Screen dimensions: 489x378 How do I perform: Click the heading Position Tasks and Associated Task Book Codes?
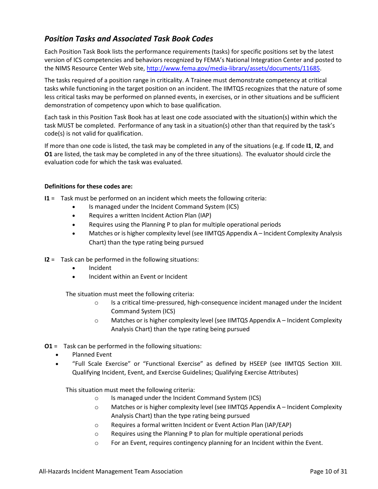(x=129, y=39)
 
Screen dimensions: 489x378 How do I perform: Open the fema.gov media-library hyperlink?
(x=233, y=68)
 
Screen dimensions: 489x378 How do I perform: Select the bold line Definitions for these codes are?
(x=88, y=186)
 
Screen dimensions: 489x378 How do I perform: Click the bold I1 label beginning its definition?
(x=47, y=198)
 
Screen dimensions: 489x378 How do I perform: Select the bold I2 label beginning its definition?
(x=47, y=260)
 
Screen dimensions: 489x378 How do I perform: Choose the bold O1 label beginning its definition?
(x=48, y=346)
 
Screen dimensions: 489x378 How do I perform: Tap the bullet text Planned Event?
(x=92, y=355)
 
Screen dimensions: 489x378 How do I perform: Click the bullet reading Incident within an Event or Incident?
(x=138, y=277)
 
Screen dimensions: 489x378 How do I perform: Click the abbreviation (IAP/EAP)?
(x=277, y=425)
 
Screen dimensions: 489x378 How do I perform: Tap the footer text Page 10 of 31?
(x=328, y=472)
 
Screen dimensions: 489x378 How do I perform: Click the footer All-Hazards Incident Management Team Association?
(x=111, y=472)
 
